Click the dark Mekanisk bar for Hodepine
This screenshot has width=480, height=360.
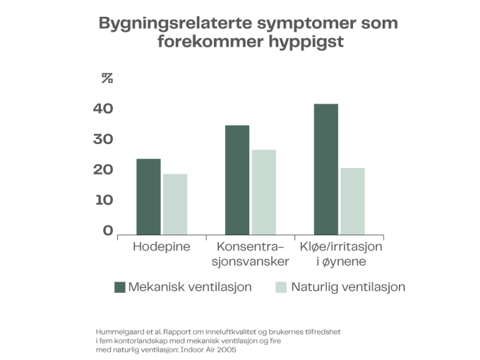[149, 196]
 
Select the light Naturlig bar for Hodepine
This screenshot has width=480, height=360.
[176, 204]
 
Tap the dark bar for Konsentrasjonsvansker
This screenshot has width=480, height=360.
[237, 179]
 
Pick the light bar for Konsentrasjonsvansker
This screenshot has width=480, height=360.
[264, 191]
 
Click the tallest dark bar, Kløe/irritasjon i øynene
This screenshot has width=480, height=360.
[326, 169]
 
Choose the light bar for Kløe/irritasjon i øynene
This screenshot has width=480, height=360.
[353, 200]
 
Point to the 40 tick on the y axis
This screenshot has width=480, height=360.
[107, 109]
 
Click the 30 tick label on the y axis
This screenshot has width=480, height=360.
[107, 139]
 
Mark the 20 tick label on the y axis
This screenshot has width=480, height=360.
[107, 169]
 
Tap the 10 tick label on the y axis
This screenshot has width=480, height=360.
[107, 200]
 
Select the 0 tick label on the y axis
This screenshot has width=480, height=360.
[107, 230]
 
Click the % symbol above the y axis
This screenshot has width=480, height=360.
[107, 78]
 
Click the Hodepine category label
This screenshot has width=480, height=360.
[162, 247]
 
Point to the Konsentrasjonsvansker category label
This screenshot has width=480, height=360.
[251, 254]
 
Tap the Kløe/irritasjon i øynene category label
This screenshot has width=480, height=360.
[341, 254]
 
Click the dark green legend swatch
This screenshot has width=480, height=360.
[119, 287]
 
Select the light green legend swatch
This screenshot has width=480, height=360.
[280, 287]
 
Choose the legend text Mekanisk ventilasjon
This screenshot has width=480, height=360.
[190, 287]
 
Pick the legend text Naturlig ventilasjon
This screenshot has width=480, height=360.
[349, 287]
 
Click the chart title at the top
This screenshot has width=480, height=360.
[248, 32]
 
